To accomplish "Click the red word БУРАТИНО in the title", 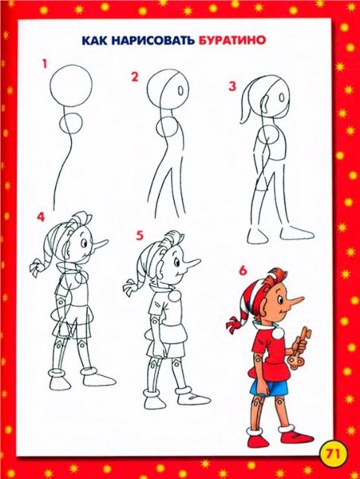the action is [x=231, y=40].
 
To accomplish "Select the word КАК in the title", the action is [x=94, y=40].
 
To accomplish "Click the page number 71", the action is [x=334, y=453].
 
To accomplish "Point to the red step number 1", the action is [x=45, y=65].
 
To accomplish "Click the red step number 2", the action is [x=135, y=77].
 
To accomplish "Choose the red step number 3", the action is [x=232, y=86].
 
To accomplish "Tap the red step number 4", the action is [x=41, y=216].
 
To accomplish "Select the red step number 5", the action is [x=140, y=236].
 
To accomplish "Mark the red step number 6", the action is [x=243, y=271].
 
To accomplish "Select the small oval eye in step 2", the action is [x=180, y=90].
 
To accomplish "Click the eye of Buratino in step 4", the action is [x=83, y=243].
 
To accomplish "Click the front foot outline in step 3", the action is [x=298, y=233].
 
